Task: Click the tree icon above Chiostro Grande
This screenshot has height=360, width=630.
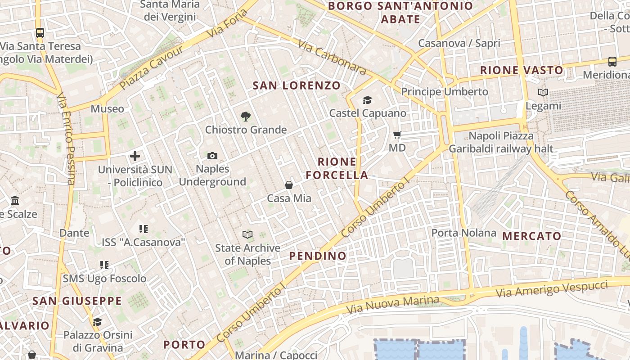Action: tap(245, 117)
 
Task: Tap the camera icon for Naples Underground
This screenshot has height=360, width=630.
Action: tap(212, 156)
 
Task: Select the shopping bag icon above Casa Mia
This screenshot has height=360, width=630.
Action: tap(289, 185)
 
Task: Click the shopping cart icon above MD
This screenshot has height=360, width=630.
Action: tap(397, 135)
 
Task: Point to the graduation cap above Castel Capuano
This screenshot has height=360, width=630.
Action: tap(368, 100)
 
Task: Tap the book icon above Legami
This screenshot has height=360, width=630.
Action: tap(543, 93)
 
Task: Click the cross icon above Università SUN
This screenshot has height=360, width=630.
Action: tap(135, 156)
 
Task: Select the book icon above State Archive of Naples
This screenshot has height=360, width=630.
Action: tap(247, 234)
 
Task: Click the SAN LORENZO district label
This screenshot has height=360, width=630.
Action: tap(297, 85)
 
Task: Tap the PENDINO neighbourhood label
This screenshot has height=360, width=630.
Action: tap(318, 256)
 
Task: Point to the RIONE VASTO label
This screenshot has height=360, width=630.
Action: tap(522, 70)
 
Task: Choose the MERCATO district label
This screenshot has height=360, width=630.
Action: tap(532, 236)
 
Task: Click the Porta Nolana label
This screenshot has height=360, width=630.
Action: tap(464, 233)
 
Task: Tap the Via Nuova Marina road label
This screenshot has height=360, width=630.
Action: tap(392, 306)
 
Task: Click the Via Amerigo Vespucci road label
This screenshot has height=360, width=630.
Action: tap(552, 288)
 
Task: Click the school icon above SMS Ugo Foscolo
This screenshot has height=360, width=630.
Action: tap(104, 265)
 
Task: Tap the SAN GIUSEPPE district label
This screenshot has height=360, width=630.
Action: tap(77, 301)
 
